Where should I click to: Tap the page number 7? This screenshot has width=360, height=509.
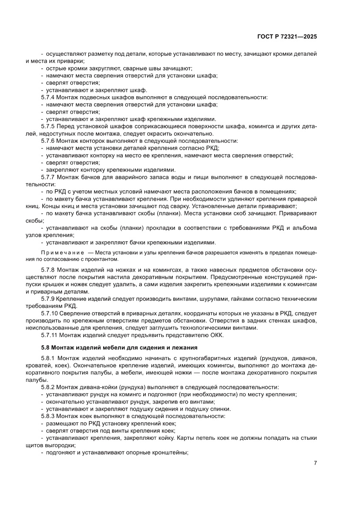pos(315,463)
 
